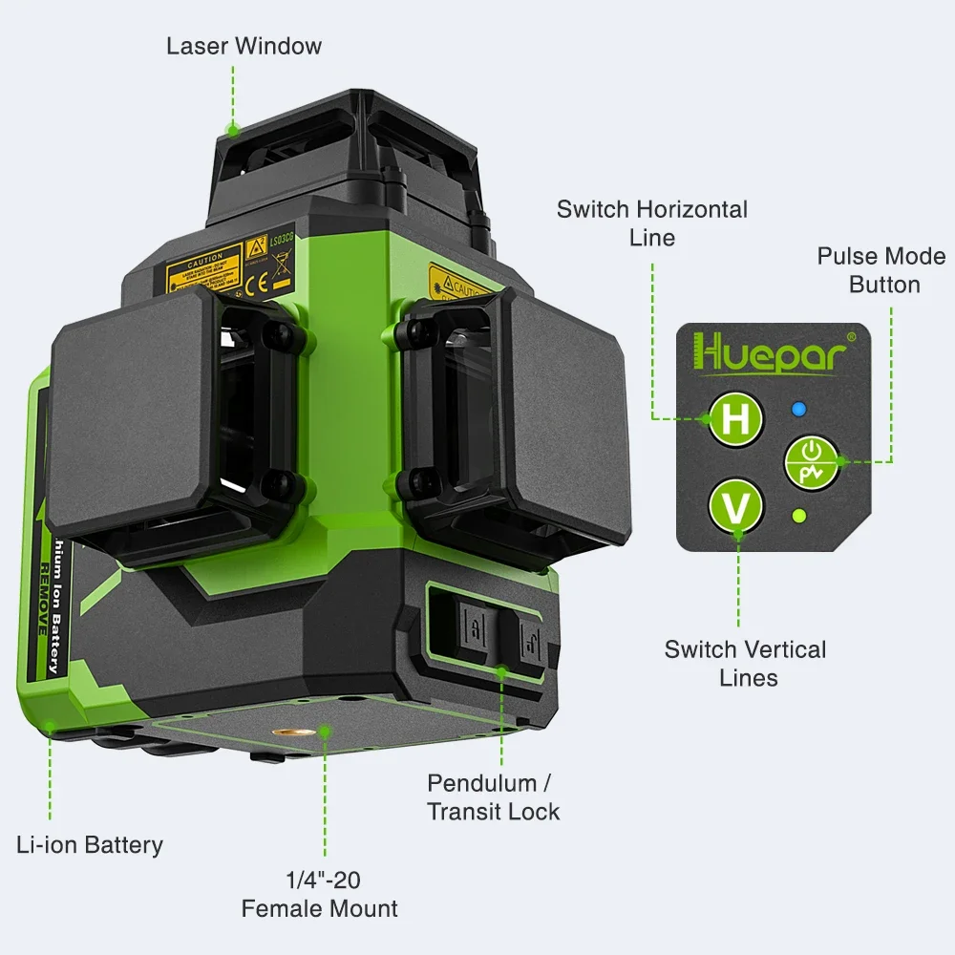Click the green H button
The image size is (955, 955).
(734, 417)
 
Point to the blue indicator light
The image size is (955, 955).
(800, 410)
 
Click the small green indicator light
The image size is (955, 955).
(800, 517)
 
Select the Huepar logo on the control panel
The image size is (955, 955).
(771, 352)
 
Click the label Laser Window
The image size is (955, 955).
(244, 46)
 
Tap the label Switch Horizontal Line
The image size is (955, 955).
(652, 223)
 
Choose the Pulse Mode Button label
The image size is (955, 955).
(881, 270)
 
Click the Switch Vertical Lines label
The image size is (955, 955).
(746, 663)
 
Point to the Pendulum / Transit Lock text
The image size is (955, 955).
(493, 797)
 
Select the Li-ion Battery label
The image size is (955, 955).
(90, 844)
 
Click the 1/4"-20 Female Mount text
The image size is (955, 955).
(319, 893)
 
